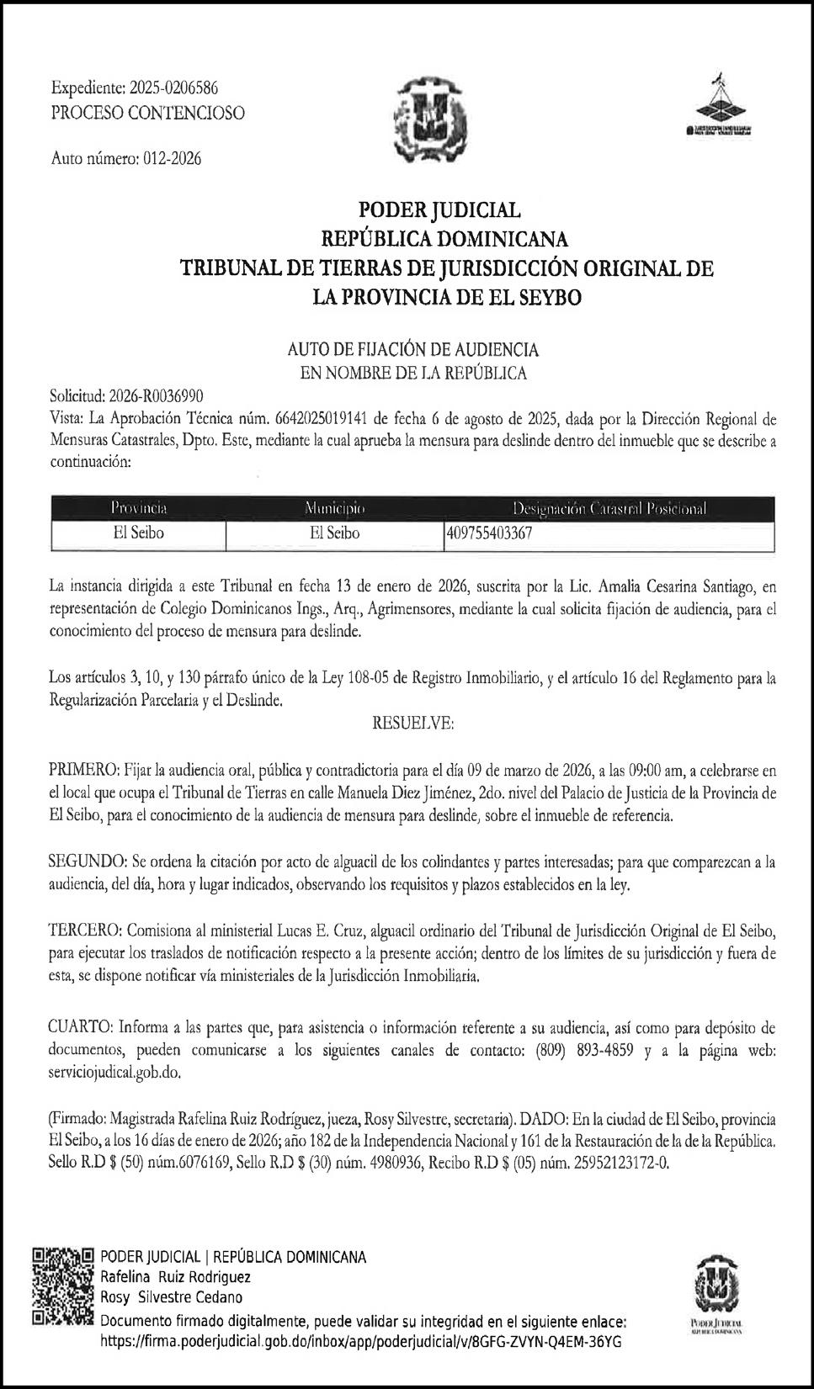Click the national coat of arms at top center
click(x=431, y=119)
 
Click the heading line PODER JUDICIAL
click(x=439, y=209)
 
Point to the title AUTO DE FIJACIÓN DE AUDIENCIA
click(x=413, y=349)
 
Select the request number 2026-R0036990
click(x=156, y=395)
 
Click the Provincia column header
click(x=139, y=508)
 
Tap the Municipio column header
click(x=334, y=508)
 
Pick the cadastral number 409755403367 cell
click(x=489, y=533)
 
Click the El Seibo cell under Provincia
click(x=139, y=533)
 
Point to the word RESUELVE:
click(x=412, y=722)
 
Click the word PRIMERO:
click(x=85, y=769)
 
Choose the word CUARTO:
click(x=81, y=1027)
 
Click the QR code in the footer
click(x=63, y=1286)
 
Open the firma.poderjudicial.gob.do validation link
click(x=361, y=1342)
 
